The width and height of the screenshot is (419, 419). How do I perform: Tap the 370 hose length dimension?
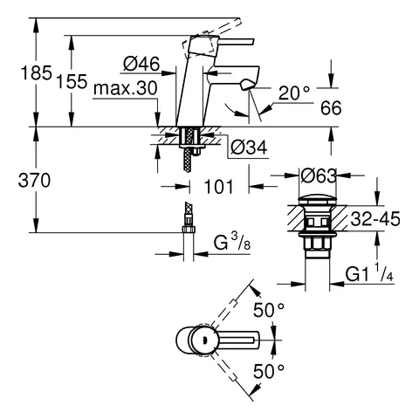tap(18, 180)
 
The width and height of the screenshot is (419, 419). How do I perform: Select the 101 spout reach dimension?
tap(218, 185)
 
